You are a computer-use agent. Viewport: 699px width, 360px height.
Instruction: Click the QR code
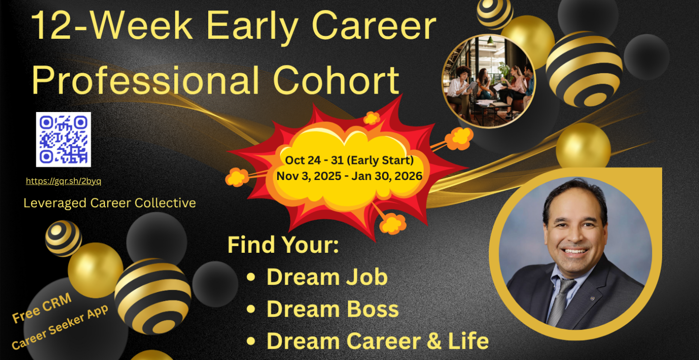(63, 139)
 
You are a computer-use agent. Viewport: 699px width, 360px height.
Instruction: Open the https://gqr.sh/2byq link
(63, 181)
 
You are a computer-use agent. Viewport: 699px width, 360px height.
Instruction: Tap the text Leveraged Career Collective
(110, 203)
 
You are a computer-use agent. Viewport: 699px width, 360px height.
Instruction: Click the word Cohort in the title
(336, 80)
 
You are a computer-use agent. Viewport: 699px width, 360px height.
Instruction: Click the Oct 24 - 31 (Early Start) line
(349, 160)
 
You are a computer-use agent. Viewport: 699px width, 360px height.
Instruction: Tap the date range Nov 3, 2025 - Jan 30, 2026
(349, 176)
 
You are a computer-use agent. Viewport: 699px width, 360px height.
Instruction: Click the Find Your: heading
(283, 245)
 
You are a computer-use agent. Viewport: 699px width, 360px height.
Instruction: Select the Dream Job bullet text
(327, 277)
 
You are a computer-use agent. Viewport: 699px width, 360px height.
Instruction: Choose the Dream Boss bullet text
(333, 309)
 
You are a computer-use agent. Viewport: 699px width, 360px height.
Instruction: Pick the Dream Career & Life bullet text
(378, 341)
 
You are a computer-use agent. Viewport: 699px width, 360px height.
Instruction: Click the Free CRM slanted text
(42, 308)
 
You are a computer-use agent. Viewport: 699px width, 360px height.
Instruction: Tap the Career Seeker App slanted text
(60, 327)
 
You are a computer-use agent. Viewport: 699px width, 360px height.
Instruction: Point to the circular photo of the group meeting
(489, 81)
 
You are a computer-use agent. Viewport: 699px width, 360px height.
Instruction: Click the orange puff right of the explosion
(459, 138)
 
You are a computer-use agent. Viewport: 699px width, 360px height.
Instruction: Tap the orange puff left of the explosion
(237, 177)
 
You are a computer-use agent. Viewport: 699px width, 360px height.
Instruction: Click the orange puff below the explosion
(393, 223)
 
